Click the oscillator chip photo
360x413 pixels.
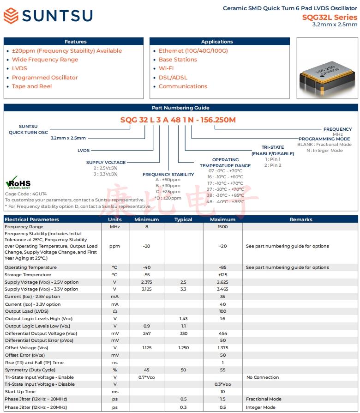[x=327, y=69]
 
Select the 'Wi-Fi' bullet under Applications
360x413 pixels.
[x=166, y=68]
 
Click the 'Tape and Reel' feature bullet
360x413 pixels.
[x=32, y=86]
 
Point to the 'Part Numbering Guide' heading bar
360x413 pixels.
[x=180, y=108]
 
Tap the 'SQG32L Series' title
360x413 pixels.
[x=330, y=17]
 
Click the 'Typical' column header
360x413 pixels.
[x=183, y=219]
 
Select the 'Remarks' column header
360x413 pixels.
[x=301, y=219]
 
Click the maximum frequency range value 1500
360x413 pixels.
[x=222, y=227]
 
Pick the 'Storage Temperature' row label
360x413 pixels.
[x=28, y=275]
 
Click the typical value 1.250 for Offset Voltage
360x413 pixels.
[x=183, y=348]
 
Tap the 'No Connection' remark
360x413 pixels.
[x=263, y=377]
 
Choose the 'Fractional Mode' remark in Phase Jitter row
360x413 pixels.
[x=264, y=399]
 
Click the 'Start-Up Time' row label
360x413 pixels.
[x=20, y=392]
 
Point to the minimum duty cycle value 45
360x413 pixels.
[x=146, y=370]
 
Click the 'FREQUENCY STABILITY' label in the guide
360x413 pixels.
[x=168, y=175]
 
